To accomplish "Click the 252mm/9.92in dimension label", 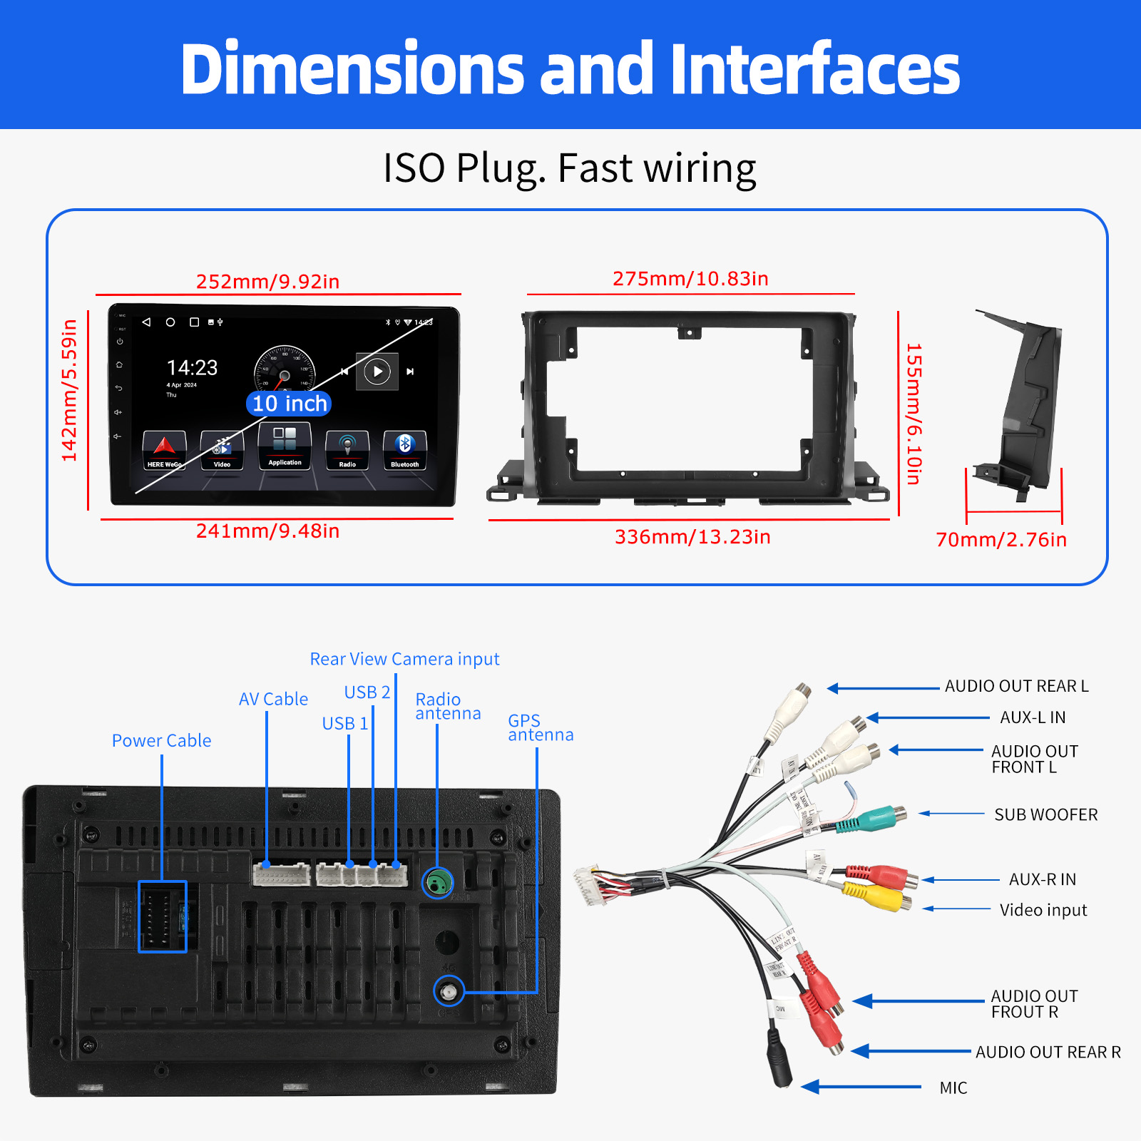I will pos(267,282).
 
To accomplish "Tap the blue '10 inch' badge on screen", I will pos(289,404).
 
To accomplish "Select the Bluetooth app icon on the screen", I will pos(404,449).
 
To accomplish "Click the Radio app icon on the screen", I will pos(347,449).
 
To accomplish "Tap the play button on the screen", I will pos(377,371).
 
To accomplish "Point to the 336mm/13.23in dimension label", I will pos(692,537).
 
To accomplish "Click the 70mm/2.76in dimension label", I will pos(1001,540).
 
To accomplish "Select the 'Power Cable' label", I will pos(161,741).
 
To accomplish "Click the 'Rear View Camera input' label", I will pos(404,659).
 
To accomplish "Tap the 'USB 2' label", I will pos(367,692).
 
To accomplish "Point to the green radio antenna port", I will pos(438,884).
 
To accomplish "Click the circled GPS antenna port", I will pos(449,991).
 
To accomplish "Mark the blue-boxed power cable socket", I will pos(163,916).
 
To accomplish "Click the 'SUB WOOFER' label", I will pos(1045,814).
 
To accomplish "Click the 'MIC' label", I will pos(953,1088).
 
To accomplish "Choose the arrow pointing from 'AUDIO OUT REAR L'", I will pos(883,688).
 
